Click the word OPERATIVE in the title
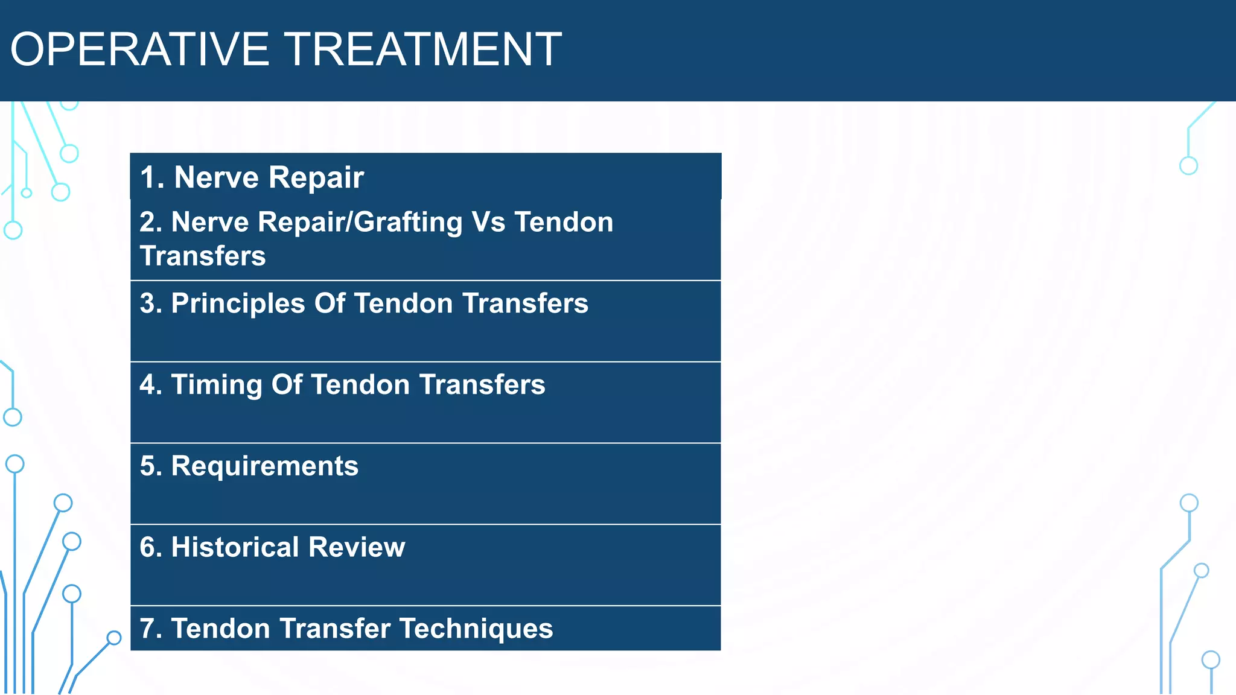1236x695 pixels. coord(139,49)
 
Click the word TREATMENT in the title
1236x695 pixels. coord(422,49)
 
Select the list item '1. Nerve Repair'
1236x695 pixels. coord(252,177)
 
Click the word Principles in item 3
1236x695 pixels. coord(238,303)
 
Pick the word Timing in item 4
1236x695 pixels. coord(216,385)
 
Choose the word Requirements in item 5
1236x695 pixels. coord(264,466)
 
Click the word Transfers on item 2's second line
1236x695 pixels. coord(203,256)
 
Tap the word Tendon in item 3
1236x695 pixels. coord(403,303)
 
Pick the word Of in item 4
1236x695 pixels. coord(286,385)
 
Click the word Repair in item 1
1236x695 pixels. coord(316,177)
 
